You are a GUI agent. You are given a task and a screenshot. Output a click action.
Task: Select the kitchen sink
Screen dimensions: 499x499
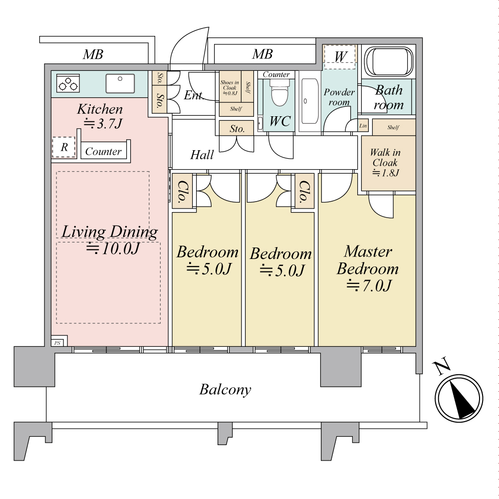pos(120,83)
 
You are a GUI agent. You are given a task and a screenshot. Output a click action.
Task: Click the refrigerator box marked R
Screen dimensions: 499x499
pos(64,148)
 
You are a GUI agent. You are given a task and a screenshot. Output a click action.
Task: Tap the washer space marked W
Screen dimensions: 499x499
pos(340,56)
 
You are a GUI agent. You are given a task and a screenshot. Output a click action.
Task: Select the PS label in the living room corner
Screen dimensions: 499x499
pos(57,343)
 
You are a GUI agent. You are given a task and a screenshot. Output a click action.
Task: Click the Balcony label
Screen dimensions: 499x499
pos(225,389)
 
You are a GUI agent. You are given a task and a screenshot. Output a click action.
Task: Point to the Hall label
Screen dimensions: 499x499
pos(202,155)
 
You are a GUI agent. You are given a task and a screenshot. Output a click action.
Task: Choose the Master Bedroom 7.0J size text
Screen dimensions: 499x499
pos(369,286)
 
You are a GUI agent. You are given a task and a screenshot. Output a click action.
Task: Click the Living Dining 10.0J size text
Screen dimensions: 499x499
pos(112,248)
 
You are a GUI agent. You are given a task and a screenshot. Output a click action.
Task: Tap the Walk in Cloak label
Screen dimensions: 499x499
pos(385,158)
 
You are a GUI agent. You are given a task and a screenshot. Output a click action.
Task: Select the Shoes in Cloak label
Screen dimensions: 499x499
pos(230,87)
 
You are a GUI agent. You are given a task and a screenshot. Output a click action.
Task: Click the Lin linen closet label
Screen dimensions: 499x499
pos(363,126)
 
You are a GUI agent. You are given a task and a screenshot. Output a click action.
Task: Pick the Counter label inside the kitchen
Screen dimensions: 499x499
pos(103,151)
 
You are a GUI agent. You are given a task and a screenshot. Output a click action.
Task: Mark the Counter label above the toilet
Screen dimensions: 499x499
pos(276,74)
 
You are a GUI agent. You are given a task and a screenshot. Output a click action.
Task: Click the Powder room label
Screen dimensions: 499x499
pos(339,97)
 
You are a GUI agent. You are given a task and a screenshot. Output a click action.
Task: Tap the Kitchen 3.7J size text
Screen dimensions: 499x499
pos(102,124)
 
